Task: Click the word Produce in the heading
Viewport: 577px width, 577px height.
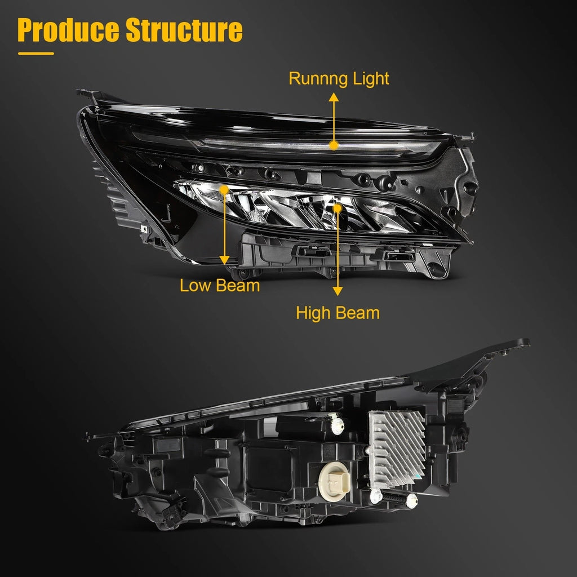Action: coord(68,30)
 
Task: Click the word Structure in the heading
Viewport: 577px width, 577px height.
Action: coord(184,30)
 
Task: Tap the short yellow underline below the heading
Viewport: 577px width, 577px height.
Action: coord(36,54)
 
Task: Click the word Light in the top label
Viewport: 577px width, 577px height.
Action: coord(371,78)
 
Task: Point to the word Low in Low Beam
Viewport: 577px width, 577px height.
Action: coord(195,286)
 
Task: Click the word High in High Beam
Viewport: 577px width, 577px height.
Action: coord(313,313)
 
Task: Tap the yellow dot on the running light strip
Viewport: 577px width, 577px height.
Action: coord(334,145)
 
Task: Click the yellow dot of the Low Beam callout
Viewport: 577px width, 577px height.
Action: coord(224,190)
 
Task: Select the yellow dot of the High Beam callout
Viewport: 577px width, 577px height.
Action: coord(338,208)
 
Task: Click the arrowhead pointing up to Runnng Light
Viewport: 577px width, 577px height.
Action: coord(334,97)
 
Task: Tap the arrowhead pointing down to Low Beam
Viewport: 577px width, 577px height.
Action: coord(224,260)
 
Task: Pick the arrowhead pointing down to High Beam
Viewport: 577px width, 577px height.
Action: coord(338,291)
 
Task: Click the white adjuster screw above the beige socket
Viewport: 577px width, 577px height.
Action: coord(337,424)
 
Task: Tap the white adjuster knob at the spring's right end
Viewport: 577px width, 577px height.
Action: coord(412,501)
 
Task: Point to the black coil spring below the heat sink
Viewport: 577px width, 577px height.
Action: coord(394,498)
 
